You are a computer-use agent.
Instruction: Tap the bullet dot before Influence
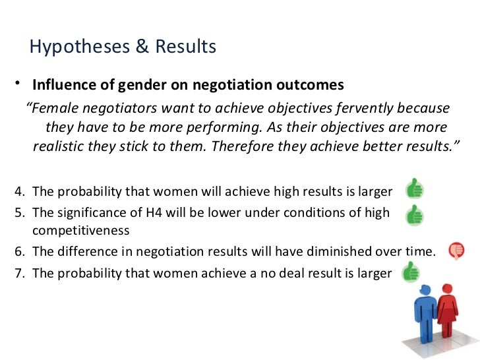(19, 84)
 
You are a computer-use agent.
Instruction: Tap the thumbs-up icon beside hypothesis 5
(415, 215)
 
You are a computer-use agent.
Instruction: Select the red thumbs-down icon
(456, 250)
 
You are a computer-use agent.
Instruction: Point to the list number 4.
(18, 192)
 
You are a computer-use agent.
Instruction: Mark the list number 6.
(18, 251)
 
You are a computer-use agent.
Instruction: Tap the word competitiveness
(80, 231)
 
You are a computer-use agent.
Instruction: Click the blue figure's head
(427, 289)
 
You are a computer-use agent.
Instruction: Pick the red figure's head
(448, 289)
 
